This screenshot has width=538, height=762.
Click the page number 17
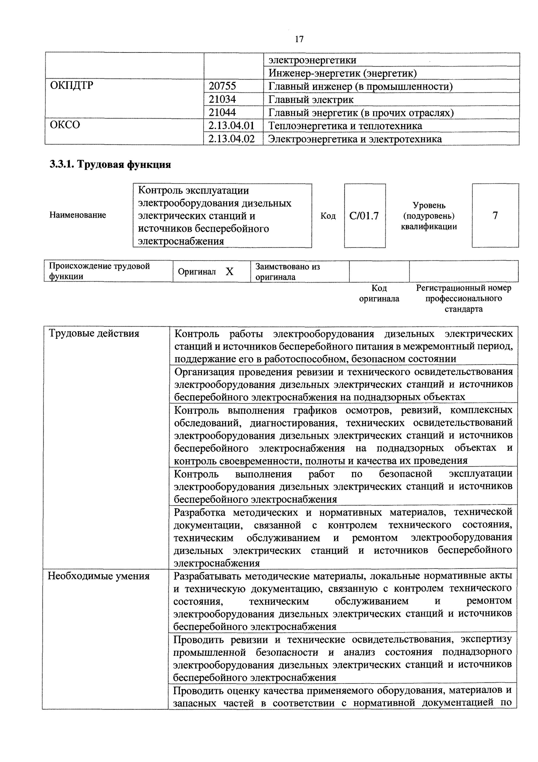click(299, 39)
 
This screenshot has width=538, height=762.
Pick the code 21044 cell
click(222, 113)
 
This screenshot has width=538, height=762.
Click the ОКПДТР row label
click(72, 86)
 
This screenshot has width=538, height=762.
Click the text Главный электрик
click(311, 100)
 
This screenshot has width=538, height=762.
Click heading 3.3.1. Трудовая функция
click(110, 165)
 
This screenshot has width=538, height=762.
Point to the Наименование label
click(78, 215)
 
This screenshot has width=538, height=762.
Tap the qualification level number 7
click(495, 216)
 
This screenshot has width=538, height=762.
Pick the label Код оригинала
click(379, 293)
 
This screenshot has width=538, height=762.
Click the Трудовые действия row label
click(94, 334)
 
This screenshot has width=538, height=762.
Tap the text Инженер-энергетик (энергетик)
click(342, 73)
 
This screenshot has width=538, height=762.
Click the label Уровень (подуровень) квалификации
click(429, 216)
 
